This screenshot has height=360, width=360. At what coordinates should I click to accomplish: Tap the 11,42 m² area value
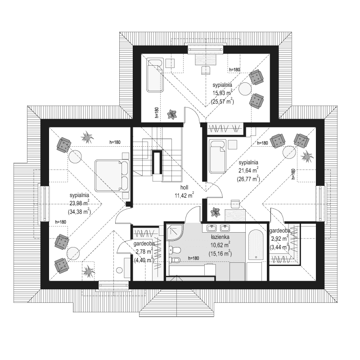(x=183, y=196)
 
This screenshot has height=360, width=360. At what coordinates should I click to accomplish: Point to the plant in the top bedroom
(x=171, y=114)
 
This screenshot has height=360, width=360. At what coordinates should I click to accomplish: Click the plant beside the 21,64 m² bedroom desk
(x=216, y=211)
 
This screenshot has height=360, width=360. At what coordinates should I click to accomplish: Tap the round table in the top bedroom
(x=245, y=89)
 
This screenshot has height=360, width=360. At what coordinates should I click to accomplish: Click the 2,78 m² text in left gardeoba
(x=144, y=252)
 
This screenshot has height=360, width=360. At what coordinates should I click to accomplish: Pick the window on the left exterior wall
(x=45, y=203)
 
